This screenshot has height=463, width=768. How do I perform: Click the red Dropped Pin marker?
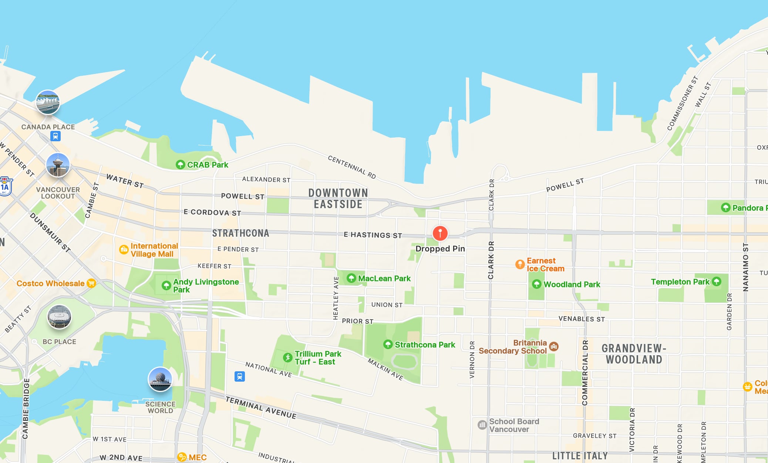pos(440,233)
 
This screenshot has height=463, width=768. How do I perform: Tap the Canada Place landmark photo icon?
pos(48,102)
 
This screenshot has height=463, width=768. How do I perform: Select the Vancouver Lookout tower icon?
pos(58,165)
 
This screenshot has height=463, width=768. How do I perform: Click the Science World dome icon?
pos(160,379)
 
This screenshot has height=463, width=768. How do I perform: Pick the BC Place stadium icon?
pos(59,317)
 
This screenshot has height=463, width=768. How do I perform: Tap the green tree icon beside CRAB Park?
pos(180,165)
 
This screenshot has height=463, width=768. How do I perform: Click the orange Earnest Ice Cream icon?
pos(520,264)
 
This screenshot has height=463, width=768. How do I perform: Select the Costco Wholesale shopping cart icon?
pos(91,283)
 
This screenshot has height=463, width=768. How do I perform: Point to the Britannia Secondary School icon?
pos(553,347)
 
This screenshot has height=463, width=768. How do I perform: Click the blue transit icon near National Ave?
pos(240,376)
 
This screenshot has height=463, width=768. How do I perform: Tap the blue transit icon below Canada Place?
pos(55,136)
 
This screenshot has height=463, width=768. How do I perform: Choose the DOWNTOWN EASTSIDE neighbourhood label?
pos(338,199)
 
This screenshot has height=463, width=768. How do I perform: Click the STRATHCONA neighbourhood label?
pos(240,233)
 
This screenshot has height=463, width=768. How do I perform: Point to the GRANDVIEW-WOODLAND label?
pos(634,354)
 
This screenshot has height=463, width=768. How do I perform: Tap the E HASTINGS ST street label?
pos(373,235)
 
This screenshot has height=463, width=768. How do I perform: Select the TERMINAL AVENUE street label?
pos(261,408)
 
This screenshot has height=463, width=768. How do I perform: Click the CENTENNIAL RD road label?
pos(352,167)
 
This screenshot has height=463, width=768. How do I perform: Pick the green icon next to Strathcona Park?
pos(388,345)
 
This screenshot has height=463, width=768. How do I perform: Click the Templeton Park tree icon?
pos(717,282)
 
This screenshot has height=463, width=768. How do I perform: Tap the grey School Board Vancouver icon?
pos(482,425)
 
